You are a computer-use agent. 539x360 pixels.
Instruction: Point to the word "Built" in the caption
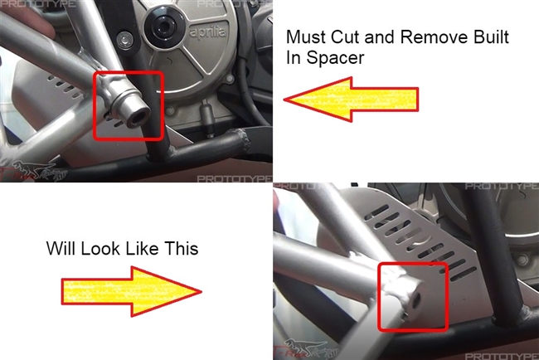pos(491,36)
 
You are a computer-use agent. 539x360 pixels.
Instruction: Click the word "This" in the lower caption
pos(181,248)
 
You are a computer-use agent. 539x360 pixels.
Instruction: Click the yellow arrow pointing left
pos(351,100)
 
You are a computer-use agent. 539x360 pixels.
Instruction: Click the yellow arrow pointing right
pos(132,292)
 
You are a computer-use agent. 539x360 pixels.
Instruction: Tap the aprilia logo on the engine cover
pos(208,32)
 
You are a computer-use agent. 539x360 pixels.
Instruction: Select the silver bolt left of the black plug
pos(125,40)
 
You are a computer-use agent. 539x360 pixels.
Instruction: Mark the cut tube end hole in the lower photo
pos(415,300)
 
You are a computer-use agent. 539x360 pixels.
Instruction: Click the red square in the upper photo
pos(129,106)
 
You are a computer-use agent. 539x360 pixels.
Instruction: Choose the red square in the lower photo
pos(413,297)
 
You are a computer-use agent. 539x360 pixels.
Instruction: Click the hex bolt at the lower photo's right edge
pos(522,260)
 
